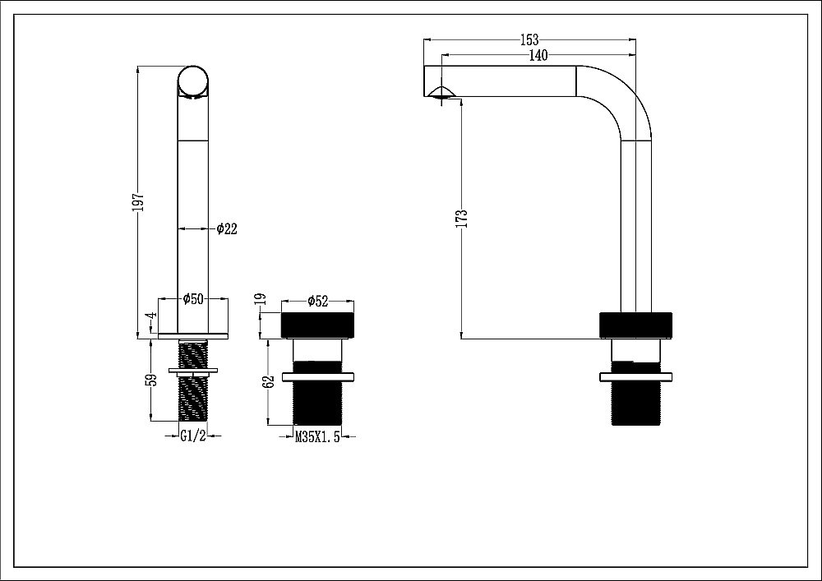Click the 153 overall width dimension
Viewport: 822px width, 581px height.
click(530, 39)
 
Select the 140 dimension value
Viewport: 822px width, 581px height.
click(538, 55)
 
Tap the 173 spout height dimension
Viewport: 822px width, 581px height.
click(463, 217)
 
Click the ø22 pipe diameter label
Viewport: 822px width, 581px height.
click(227, 229)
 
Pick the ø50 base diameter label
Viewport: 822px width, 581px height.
click(192, 299)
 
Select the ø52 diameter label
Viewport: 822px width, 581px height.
click(318, 302)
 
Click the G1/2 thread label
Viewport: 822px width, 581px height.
click(192, 437)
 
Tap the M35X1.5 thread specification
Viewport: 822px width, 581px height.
click(318, 438)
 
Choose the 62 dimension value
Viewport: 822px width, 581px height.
click(267, 383)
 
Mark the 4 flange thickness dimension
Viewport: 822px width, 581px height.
click(151, 316)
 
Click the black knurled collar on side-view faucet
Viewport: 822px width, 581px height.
click(635, 325)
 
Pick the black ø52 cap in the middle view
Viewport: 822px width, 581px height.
click(317, 325)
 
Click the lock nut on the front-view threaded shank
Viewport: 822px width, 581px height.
click(193, 371)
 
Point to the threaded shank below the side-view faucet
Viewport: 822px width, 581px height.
click(635, 403)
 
